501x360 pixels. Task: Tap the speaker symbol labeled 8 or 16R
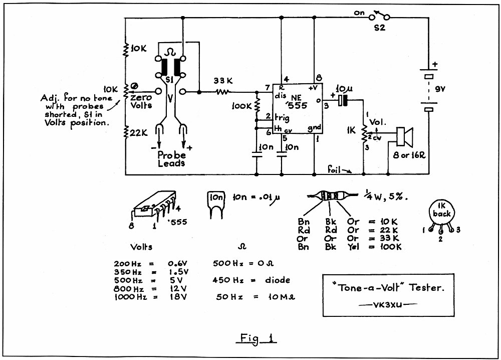coord(404,137)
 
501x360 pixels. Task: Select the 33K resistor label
coord(223,81)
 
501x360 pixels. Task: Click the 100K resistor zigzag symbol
coord(257,105)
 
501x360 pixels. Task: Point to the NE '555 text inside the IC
coord(298,102)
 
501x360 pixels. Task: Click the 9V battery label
coord(440,90)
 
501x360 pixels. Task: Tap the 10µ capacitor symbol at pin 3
coord(343,100)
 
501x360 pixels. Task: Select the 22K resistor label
coord(138,132)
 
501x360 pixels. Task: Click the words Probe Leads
coord(171,159)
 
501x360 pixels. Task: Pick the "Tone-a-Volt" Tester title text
coord(388,288)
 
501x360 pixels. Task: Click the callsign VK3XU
coord(388,304)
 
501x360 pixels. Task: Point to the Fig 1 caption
coord(257,338)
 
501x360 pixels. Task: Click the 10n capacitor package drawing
coord(216,204)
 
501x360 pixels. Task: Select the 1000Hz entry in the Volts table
coord(130,297)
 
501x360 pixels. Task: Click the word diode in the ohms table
coord(278,280)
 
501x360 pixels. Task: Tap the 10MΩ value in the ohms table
coord(281,297)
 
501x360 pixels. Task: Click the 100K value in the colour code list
coord(391,247)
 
